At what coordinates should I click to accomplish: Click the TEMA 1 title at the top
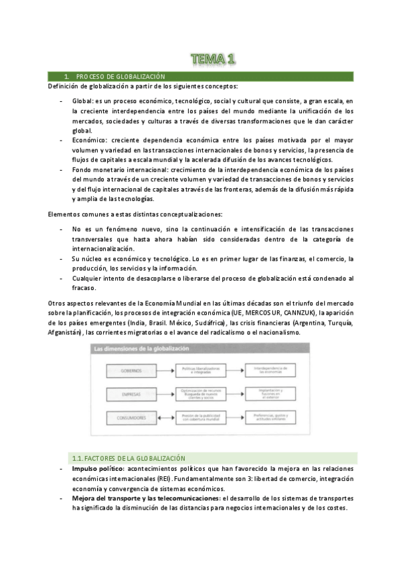coord(212,60)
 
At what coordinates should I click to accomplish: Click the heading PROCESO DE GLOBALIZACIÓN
coord(120,77)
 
